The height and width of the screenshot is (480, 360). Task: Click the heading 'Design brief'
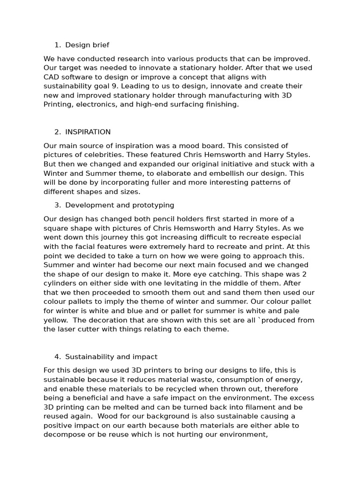coord(87,45)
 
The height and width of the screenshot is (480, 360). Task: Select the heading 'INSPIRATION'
coord(88,132)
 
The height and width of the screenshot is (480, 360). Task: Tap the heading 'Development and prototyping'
coord(120,205)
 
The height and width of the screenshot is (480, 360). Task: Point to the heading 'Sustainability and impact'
coord(111,357)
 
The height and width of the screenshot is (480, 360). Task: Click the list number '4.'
coord(58,357)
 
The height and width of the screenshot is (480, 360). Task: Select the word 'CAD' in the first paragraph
coord(51,77)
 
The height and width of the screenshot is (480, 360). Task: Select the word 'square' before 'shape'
coord(55,228)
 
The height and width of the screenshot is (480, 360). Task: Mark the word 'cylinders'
coord(60,283)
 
